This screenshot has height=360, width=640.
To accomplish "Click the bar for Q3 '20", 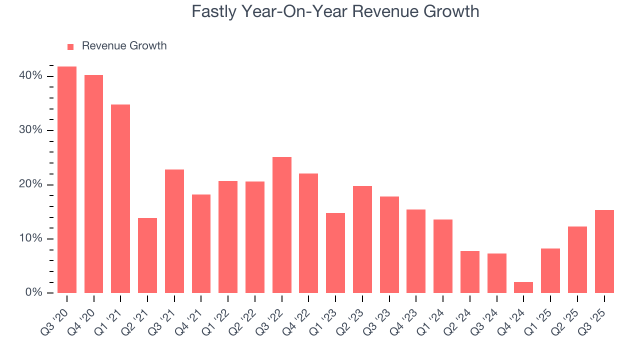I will [67, 179].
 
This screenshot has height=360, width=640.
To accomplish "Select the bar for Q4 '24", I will [523, 287].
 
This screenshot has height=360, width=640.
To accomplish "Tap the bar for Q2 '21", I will [147, 255].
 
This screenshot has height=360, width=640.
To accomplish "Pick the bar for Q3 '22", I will [282, 225].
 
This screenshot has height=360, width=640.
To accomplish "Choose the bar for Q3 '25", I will [604, 251].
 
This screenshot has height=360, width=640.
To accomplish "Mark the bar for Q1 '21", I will [120, 198].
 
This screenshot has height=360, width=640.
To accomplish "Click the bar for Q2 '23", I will [362, 239].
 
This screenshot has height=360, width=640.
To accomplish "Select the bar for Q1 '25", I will [550, 270].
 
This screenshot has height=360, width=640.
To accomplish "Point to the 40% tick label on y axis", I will [31, 76].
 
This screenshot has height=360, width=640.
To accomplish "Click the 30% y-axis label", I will [31, 130].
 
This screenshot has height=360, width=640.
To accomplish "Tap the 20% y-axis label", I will [31, 184].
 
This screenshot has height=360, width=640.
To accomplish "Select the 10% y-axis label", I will [31, 238].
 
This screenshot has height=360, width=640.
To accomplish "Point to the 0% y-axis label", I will [33, 292].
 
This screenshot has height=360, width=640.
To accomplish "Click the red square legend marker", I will [70, 46].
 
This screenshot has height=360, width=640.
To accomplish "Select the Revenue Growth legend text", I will [124, 46].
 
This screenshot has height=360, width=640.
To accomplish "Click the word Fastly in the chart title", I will [214, 11].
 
